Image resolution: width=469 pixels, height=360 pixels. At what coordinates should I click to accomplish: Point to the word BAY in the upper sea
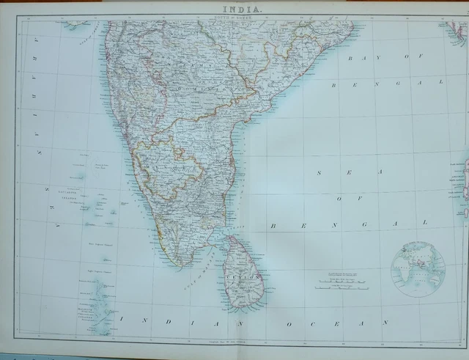pos(366,57)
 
